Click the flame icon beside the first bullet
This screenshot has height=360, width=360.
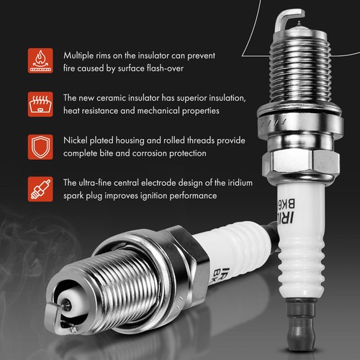39,62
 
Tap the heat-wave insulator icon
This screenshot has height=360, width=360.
39,104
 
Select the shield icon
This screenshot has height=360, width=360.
39,147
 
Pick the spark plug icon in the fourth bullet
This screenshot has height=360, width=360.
39,190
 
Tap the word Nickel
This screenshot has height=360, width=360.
78,140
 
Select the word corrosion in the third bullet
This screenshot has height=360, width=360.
161,154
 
